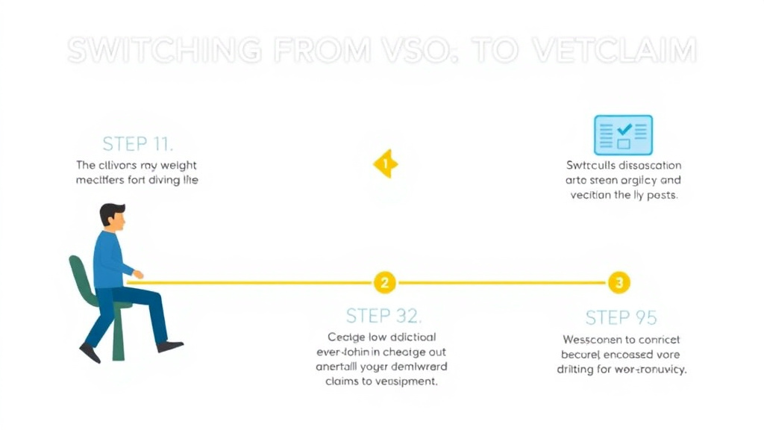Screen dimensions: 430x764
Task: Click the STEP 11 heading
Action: click(137, 143)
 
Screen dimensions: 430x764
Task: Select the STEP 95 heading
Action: click(621, 317)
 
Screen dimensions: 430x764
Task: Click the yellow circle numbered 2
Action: click(384, 282)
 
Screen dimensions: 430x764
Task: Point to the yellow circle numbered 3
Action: click(619, 282)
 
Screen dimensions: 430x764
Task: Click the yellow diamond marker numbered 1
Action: click(385, 163)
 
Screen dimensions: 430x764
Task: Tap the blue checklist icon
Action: click(622, 135)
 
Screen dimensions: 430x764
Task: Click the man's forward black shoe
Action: click(170, 346)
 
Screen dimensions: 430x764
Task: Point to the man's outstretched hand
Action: click(138, 275)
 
